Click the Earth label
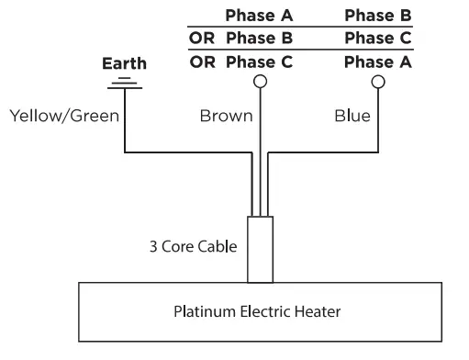click(x=123, y=65)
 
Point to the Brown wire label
click(x=220, y=117)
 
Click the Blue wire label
click(x=353, y=117)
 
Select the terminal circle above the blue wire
click(x=377, y=82)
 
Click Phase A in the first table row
click(x=259, y=16)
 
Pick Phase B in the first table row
click(x=377, y=16)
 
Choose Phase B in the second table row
click(x=259, y=39)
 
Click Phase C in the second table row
click(x=377, y=39)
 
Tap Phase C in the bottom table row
click(x=259, y=62)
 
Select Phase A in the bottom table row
click(x=377, y=62)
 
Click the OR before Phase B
click(x=202, y=39)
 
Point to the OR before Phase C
click(x=202, y=62)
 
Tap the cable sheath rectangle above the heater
click(x=262, y=250)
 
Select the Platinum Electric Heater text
click(x=257, y=311)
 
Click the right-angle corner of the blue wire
click(x=377, y=152)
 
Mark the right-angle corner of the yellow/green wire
click(x=123, y=152)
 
